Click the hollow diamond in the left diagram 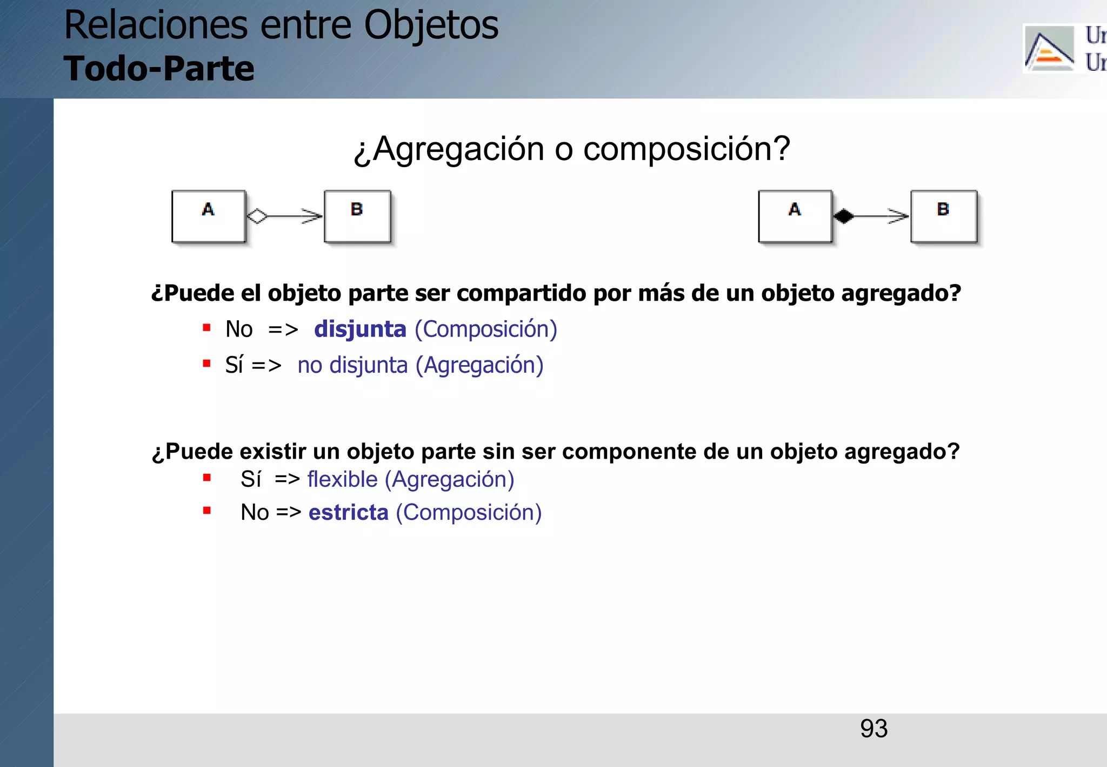coord(257,216)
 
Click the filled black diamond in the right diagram coord(843,216)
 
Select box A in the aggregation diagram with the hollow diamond coord(208,216)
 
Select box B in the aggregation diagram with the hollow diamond coord(357,216)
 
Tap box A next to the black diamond coord(795,216)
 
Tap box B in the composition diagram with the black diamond coord(943,216)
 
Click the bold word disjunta coord(360,329)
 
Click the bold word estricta coord(348,512)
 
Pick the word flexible coord(342,479)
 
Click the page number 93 coord(873,729)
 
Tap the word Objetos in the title coord(431,25)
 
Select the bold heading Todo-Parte coord(159,69)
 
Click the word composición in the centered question coord(686,149)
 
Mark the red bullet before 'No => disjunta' coord(206,327)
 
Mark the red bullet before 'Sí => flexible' coord(206,477)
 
